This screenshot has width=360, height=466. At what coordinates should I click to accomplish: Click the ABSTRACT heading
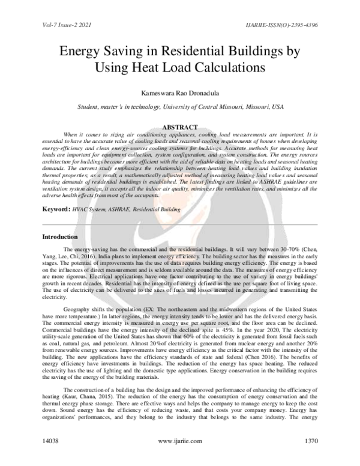click(x=180, y=128)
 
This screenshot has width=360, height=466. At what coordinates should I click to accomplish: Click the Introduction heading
click(x=59, y=237)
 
